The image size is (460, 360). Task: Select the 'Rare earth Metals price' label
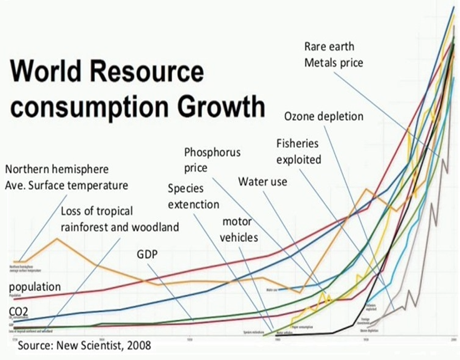click(334, 54)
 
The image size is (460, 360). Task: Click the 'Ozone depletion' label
click(324, 116)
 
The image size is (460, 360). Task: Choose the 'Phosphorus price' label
click(212, 159)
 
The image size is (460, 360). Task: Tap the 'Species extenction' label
click(193, 196)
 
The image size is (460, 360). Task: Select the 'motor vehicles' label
click(237, 229)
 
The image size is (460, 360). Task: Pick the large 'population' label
click(35, 286)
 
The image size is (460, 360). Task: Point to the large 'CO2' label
click(20, 313)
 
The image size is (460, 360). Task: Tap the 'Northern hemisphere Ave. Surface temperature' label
click(66, 177)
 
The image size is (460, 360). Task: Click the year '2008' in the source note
click(139, 346)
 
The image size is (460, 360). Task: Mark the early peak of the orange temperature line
click(57, 239)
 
